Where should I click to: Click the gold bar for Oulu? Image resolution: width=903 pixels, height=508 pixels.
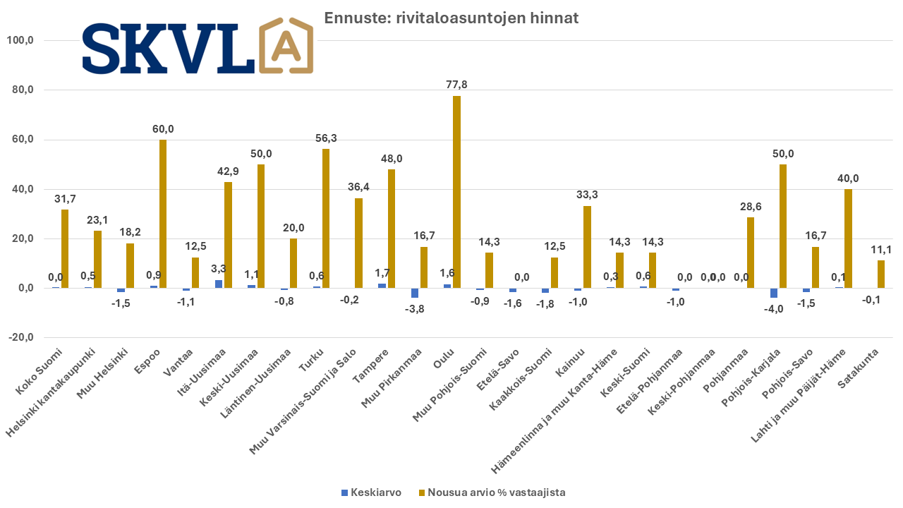[x=456, y=192]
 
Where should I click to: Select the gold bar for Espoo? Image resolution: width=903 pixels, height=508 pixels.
[x=163, y=214]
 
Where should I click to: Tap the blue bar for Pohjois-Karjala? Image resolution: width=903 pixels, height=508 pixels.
[x=774, y=293]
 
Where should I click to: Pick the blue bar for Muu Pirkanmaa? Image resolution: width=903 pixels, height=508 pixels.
[x=415, y=293]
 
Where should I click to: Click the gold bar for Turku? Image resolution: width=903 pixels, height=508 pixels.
[x=326, y=219]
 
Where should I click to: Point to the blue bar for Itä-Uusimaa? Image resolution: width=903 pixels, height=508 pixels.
[x=219, y=284]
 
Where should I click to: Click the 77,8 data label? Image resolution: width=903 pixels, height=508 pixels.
[x=456, y=85]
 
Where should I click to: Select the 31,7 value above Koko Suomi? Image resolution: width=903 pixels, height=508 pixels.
[x=65, y=199]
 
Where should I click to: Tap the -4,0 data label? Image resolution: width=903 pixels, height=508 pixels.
[x=774, y=309]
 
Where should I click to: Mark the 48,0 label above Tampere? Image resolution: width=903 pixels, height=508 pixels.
[x=392, y=159]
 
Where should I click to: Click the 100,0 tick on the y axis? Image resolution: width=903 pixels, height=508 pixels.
[x=20, y=40]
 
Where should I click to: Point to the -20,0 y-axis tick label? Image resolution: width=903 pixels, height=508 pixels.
[x=20, y=337]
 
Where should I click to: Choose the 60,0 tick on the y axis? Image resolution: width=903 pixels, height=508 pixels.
[x=23, y=140]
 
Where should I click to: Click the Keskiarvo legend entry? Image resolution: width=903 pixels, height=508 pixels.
[x=371, y=492]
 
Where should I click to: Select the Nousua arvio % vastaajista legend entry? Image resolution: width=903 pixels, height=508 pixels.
[x=492, y=492]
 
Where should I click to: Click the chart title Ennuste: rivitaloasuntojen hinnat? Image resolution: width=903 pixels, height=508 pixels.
[x=451, y=18]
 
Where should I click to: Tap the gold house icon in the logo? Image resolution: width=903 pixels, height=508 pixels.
[x=286, y=45]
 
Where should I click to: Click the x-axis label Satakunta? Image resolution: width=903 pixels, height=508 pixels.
[x=859, y=368]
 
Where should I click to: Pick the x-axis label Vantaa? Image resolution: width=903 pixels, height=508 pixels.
[x=178, y=363]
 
